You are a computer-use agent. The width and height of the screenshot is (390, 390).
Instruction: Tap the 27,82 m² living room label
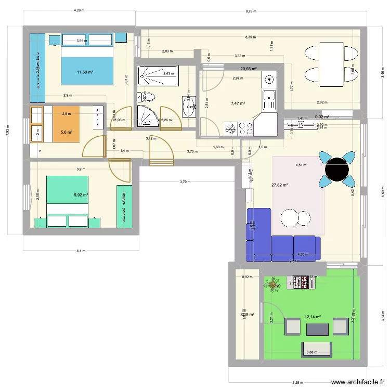coord(280,185)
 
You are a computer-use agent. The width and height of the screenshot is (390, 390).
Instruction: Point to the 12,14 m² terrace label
coord(313,317)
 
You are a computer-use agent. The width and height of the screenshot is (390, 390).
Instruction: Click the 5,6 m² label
coord(66,132)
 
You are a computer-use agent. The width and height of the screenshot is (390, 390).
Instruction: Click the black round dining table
coord(336,168)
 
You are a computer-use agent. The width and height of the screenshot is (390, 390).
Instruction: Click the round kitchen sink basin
coord(269,80)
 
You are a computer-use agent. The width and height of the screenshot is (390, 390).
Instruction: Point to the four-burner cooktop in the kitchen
coord(231,128)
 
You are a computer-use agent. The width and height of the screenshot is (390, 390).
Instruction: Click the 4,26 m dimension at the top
coord(80,10)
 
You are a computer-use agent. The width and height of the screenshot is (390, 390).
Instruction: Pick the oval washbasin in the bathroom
coord(188,107)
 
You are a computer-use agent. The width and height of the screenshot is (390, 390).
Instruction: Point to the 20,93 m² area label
coord(249,68)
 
